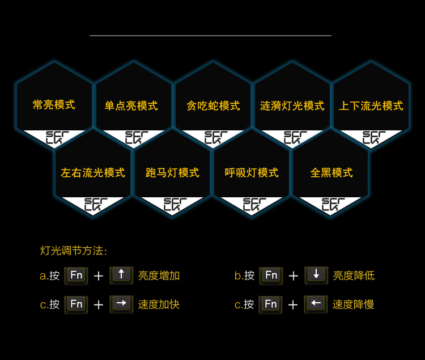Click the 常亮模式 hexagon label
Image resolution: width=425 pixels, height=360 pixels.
(54, 105)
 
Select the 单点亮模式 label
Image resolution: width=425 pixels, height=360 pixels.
(131, 106)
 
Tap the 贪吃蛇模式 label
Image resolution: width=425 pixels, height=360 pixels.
(213, 106)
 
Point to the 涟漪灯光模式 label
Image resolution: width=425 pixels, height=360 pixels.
(292, 106)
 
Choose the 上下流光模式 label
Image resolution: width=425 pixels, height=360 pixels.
(371, 106)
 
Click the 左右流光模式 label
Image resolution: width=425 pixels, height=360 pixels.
(93, 173)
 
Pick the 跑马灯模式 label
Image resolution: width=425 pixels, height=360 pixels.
(172, 173)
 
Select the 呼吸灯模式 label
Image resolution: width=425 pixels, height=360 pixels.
(252, 173)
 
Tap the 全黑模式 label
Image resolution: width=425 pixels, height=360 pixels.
(331, 173)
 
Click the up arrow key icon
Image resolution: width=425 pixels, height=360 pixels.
(121, 275)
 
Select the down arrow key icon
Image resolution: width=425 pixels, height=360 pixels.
(316, 275)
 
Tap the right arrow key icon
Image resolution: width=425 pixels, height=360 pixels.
(121, 304)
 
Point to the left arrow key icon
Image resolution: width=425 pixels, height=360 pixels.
(316, 304)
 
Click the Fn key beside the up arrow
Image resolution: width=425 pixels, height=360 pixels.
(76, 276)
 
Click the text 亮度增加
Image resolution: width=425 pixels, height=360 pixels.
(159, 276)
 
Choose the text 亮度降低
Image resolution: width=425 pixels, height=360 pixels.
(354, 276)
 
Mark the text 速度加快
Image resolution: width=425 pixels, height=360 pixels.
(159, 304)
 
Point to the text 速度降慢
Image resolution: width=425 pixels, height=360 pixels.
(354, 304)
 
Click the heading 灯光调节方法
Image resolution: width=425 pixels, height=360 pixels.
(73, 251)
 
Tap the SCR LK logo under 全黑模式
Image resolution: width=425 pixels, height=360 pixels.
(333, 205)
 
